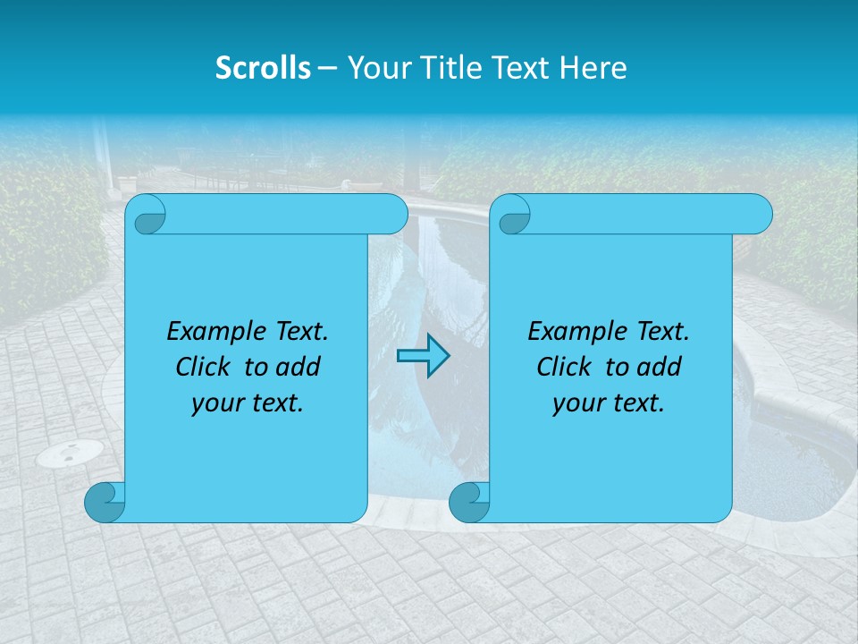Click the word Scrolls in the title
pyautogui.click(x=263, y=68)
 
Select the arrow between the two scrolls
pyautogui.click(x=423, y=356)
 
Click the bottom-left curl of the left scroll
pyautogui.click(x=104, y=502)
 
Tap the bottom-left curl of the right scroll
pyautogui.click(x=468, y=502)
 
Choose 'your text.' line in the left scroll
pyautogui.click(x=248, y=402)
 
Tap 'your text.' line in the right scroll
pyautogui.click(x=609, y=402)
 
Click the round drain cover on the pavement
pyautogui.click(x=70, y=453)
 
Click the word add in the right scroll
pyautogui.click(x=660, y=367)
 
